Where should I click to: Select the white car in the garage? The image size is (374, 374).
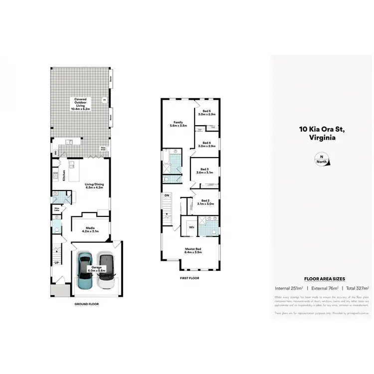106,271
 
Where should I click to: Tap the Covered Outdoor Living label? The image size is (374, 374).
80,104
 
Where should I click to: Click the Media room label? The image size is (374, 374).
90,229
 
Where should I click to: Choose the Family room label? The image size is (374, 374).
178,124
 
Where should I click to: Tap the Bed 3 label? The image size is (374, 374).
205,171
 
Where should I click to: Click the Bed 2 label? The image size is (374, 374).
206,202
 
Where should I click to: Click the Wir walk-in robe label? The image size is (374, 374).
191,227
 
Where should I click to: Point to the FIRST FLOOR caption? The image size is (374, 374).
189,278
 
